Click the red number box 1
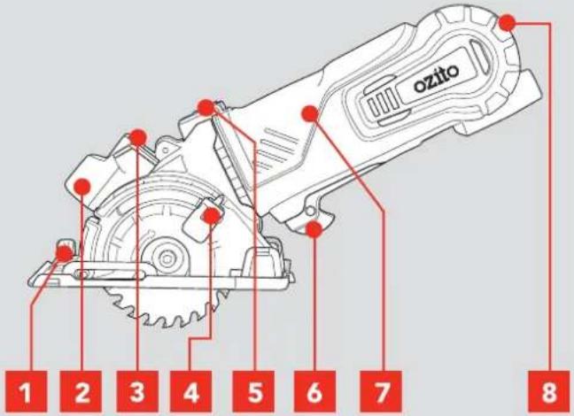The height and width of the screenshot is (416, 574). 26,392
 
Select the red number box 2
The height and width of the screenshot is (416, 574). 81,392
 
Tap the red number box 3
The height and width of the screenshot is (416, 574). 137,392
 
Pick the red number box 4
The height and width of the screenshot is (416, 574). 190,392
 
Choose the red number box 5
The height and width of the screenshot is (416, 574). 253,392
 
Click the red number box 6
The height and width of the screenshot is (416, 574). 314,392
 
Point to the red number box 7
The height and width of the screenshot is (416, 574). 381,392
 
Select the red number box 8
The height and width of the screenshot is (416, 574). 548,392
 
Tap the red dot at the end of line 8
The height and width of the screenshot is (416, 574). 508,23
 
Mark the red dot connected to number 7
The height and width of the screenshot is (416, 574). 309,113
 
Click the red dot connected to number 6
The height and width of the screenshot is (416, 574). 314,229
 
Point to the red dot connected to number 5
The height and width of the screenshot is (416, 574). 206,107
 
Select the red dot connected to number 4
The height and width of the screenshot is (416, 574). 211,215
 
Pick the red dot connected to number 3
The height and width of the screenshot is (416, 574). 138,137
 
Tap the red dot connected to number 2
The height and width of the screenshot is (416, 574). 81,186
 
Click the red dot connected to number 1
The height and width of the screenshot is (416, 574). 65,254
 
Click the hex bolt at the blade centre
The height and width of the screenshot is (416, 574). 167,258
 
